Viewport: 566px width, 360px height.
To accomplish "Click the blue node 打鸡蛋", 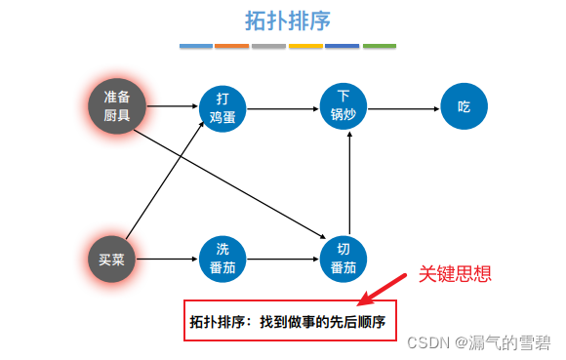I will [223, 108].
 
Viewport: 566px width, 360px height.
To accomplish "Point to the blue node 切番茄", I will [344, 259].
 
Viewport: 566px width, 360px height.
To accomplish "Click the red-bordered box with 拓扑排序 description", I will [291, 320].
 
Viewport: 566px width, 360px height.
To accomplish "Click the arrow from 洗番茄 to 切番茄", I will [283, 259].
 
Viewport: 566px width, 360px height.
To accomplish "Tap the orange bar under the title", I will [231, 46].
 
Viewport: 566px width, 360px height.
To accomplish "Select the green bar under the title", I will [380, 46].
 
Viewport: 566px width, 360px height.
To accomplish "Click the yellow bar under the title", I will [305, 46].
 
